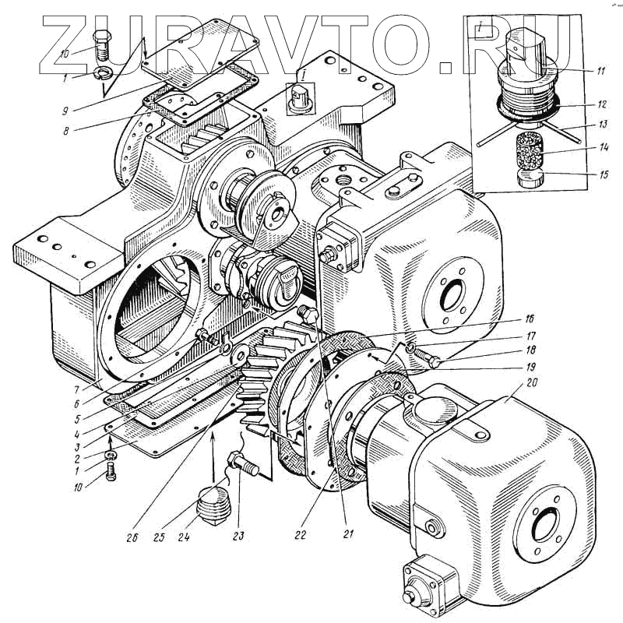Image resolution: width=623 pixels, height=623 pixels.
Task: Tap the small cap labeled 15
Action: [x=531, y=179]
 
